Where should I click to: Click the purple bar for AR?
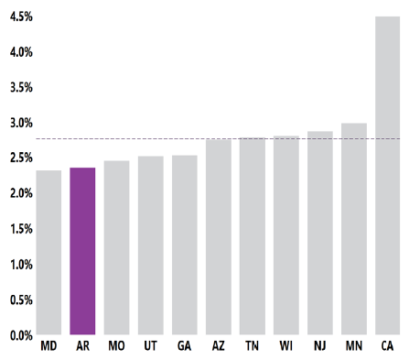point(82,251)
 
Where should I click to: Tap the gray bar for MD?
point(48,253)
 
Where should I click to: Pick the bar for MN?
point(354,229)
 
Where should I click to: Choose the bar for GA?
point(184,245)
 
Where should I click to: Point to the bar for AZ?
point(218,237)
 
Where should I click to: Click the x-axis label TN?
point(252,347)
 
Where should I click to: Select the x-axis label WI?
point(285,347)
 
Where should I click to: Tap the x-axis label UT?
point(150,347)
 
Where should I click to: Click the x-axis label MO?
point(116,347)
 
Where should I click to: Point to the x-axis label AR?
point(82,347)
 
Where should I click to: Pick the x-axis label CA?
point(388,347)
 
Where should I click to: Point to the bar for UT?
point(150,245)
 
